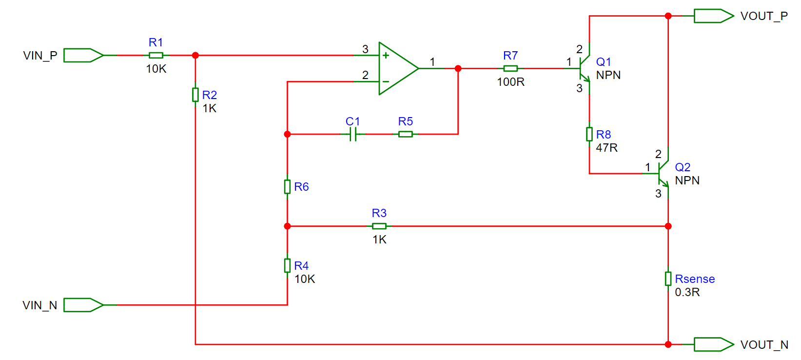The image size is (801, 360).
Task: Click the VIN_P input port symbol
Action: pos(83,56)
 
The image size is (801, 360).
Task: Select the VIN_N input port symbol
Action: pos(83,305)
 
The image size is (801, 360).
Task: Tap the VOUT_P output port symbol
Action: pos(714,16)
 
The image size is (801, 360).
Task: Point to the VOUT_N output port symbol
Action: pos(714,344)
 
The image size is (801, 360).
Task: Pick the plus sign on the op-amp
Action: pos(386,56)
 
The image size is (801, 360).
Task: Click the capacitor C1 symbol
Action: pos(353,134)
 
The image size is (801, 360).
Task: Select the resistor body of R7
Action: pos(510,68)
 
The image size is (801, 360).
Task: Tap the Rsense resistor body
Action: pos(668,279)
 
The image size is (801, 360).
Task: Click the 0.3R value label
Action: pos(687,292)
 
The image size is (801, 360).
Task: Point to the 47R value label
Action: pos(607,148)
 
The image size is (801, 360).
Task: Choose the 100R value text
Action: pos(510,82)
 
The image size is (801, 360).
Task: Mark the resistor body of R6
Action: pos(287,187)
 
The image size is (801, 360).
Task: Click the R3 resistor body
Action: pos(379,226)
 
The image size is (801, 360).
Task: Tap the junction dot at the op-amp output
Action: pos(458,68)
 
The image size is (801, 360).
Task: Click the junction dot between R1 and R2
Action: pos(195,56)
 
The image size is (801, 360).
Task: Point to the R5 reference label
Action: pos(406,121)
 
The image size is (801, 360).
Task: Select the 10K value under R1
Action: pos(156,69)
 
